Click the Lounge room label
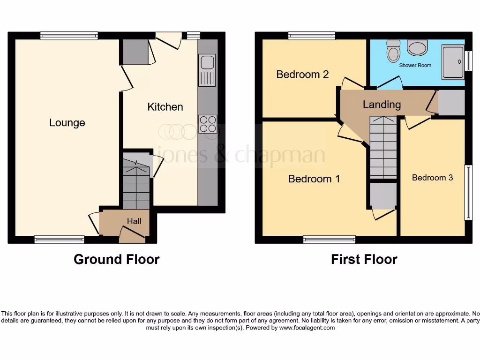[x=67, y=123]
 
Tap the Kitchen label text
[x=165, y=107]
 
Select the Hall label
[x=134, y=221]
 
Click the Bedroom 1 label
[x=314, y=179]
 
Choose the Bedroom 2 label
[x=302, y=74]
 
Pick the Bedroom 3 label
[x=432, y=178]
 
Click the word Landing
[x=382, y=105]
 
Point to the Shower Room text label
[x=415, y=65]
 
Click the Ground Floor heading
[x=116, y=259]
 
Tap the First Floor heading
[x=364, y=259]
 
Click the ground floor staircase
[x=136, y=183]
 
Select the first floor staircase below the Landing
[x=383, y=147]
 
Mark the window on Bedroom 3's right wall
[x=468, y=192]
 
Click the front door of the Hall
[x=132, y=234]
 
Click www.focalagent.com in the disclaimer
[x=307, y=328]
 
